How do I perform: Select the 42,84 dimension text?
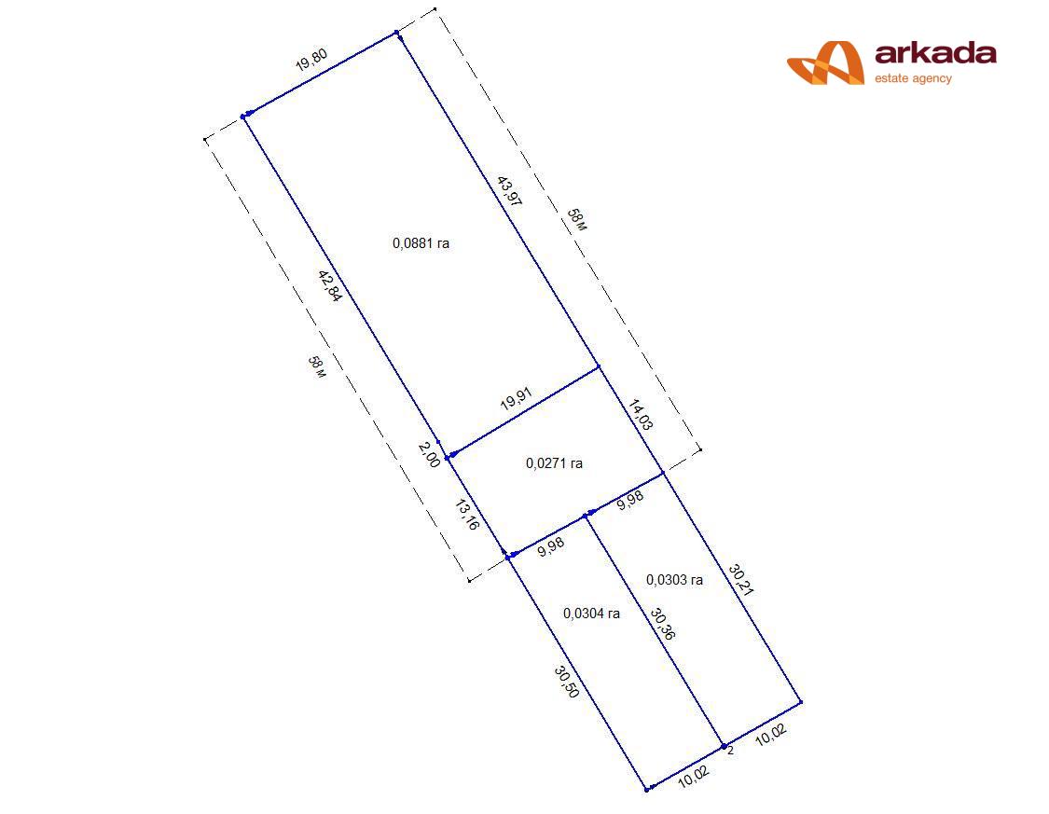[x=330, y=285]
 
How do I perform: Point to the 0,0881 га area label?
[x=421, y=243]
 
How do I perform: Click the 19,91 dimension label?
[x=517, y=398]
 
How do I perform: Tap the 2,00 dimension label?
[x=430, y=455]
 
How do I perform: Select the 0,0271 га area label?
[x=554, y=463]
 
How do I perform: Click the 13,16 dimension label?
[x=467, y=515]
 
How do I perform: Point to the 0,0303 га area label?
[x=674, y=580]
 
